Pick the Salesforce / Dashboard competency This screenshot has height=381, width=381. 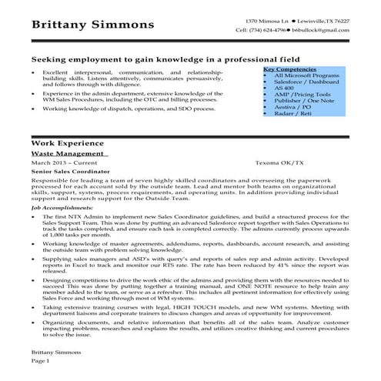pyautogui.click(x=302, y=82)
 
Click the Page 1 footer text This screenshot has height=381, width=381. pyautogui.click(x=40, y=360)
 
